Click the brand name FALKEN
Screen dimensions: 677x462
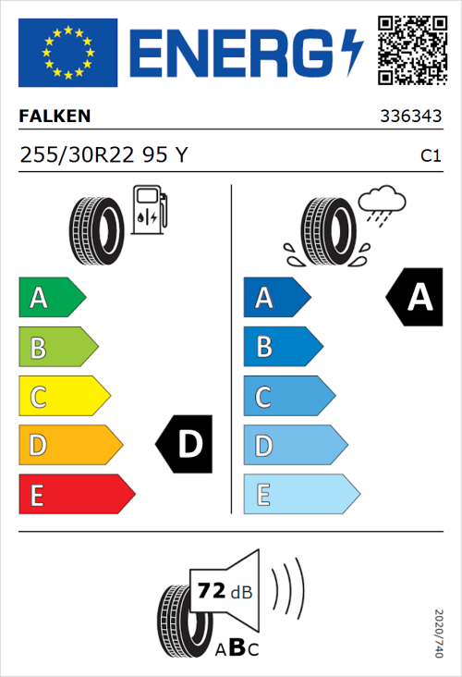coord(55,117)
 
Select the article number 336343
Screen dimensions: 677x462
coord(409,117)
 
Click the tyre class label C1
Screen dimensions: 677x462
coord(430,156)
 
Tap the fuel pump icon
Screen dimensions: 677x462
coord(149,210)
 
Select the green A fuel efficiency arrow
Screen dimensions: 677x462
coord(51,298)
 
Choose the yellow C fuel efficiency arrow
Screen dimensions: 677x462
coord(63,397)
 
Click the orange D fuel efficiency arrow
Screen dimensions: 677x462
coord(69,446)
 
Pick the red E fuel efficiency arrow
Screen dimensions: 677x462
coord(76,495)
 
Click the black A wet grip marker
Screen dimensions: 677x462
coord(415,298)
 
